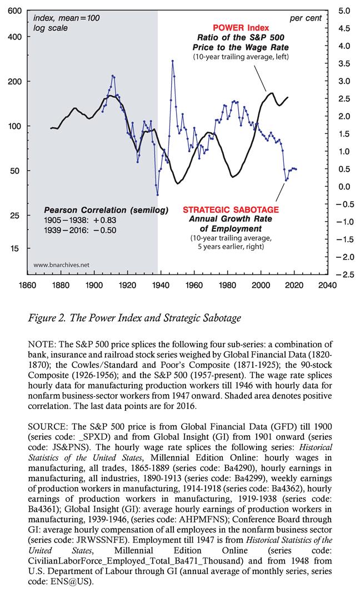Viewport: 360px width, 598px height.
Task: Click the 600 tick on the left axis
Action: coord(15,11)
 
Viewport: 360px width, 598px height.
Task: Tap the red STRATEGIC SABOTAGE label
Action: coord(231,210)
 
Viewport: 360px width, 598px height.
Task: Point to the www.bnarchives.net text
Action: coord(62,265)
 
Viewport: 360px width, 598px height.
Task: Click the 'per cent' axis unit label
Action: coord(306,18)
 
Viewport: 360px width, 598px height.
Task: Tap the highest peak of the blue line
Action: coord(172,61)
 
